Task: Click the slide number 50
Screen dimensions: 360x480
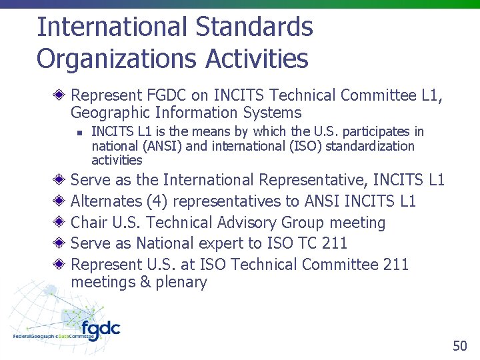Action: pos(460,345)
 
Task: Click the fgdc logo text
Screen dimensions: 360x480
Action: pos(101,330)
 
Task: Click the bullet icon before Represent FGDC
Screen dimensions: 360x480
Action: pos(59,95)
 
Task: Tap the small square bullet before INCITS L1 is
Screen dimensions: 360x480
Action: pos(78,133)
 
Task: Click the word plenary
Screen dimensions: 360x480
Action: pos(181,282)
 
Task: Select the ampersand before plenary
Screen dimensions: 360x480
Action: pos(145,282)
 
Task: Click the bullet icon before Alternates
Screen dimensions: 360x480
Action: pos(59,201)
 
